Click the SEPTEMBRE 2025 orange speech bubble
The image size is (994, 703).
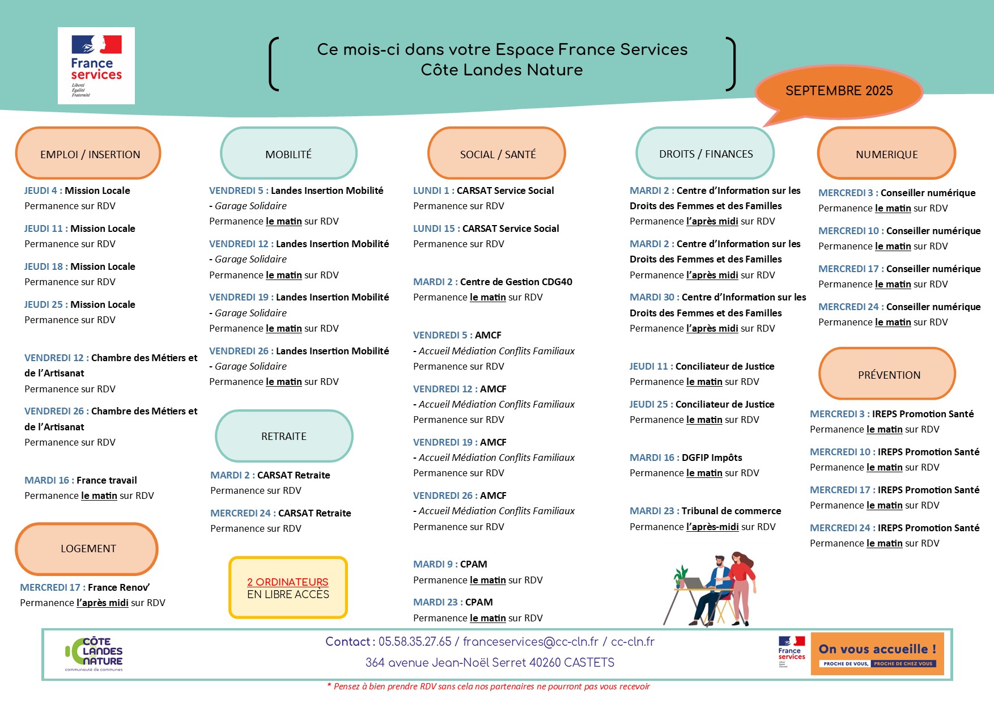point(839,91)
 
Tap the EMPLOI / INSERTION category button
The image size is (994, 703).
point(88,154)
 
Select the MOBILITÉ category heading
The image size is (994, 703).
point(288,154)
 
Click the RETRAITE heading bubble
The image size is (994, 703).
point(284,436)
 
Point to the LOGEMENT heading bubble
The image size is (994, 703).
point(87,549)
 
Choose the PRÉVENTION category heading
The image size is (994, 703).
point(888,375)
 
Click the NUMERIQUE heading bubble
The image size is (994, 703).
point(886,154)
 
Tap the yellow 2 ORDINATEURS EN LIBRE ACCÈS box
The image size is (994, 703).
point(288,588)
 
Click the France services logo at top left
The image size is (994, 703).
point(96,66)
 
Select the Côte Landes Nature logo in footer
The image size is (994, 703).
point(95,654)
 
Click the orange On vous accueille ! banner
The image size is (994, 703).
point(877,654)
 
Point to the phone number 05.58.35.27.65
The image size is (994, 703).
point(415,642)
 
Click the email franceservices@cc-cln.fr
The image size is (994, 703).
point(530,642)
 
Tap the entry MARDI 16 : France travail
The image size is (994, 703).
point(80,480)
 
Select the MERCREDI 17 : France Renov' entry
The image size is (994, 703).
point(85,587)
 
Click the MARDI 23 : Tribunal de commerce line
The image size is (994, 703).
point(705,511)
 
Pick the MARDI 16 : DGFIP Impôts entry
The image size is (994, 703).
point(686,458)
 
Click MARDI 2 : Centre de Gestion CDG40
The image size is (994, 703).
point(492,282)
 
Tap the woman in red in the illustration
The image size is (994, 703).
point(741,584)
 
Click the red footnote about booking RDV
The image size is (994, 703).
point(488,687)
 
